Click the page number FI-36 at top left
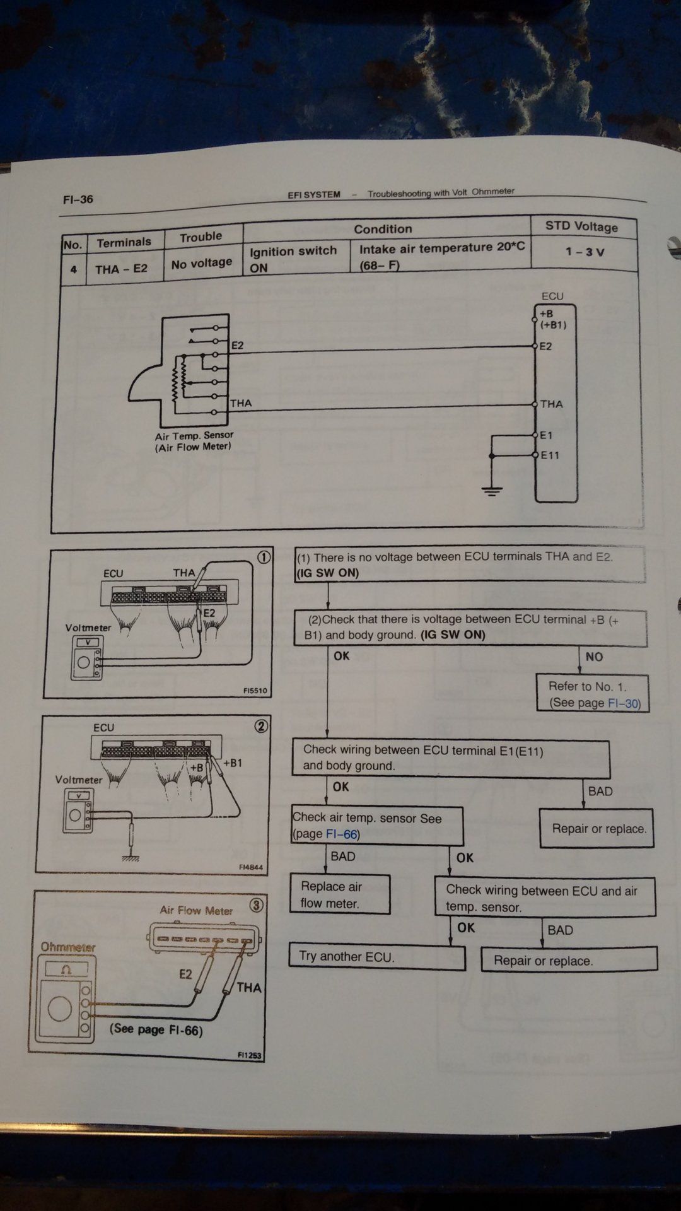78,199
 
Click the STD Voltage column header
581,226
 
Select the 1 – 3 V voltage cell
585,252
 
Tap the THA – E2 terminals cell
121,269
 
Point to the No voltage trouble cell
202,263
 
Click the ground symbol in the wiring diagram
492,489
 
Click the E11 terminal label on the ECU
550,455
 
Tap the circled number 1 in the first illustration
264,557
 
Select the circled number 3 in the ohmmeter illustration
256,905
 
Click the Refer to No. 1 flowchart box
593,694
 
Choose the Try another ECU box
376,957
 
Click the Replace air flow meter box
339,894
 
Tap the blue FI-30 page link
622,703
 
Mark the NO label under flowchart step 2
594,657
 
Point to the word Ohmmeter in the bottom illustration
68,947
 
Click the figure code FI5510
255,691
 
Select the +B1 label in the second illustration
232,763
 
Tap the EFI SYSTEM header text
314,195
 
